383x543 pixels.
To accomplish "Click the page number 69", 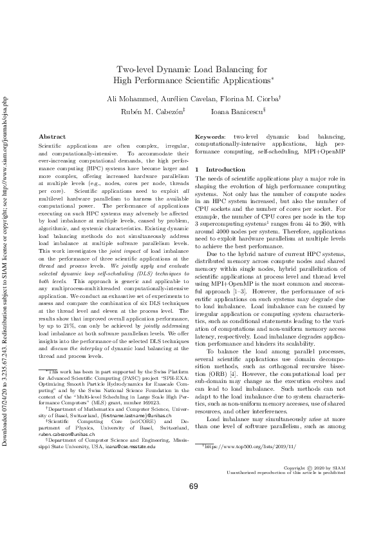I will pyautogui.click(x=192, y=504).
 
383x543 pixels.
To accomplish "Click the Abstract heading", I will pyautogui.click(x=52, y=137).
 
